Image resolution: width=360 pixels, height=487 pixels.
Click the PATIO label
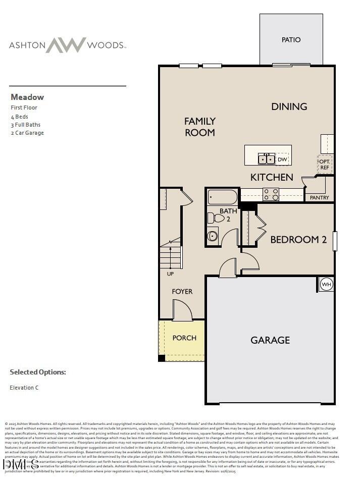click(x=291, y=40)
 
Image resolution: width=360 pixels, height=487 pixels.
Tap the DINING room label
click(x=289, y=106)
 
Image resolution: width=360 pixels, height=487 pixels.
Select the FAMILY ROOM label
click(x=200, y=127)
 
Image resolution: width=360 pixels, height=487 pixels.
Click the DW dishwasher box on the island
click(x=282, y=159)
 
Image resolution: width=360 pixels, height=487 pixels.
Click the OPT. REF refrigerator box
click(x=324, y=165)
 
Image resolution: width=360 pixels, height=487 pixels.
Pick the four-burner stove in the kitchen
click(x=271, y=194)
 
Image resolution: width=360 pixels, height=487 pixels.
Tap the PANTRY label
click(x=319, y=198)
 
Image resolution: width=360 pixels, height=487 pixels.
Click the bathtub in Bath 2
click(x=222, y=196)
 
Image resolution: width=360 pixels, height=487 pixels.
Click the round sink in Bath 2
click(x=213, y=235)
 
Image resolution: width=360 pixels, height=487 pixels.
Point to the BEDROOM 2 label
click(x=298, y=240)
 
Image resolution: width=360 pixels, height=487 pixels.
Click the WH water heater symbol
click(x=326, y=284)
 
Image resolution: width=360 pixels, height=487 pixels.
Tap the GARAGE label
click(x=270, y=340)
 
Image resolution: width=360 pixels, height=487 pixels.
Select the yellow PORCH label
click(x=184, y=338)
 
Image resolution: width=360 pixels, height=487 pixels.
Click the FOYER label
click(x=182, y=292)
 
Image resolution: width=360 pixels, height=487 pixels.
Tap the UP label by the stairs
click(x=170, y=274)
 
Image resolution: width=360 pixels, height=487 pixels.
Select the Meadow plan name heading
click(x=27, y=97)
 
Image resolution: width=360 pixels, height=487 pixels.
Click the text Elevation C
click(x=24, y=388)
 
